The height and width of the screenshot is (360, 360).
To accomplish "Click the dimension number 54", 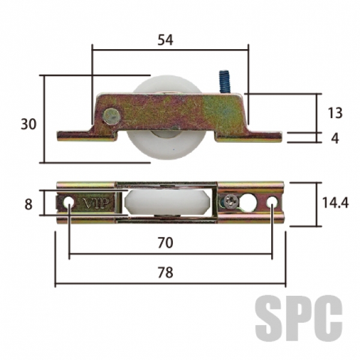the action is tap(166, 40).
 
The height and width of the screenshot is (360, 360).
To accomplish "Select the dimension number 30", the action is tap(29, 124).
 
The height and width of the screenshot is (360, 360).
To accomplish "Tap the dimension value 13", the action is tap(335, 113).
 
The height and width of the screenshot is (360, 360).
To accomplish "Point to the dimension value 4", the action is tap(335, 139).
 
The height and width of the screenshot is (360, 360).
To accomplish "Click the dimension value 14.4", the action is tap(335, 203).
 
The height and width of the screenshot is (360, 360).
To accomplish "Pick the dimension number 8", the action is tap(28, 205).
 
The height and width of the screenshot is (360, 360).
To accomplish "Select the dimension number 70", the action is tap(166, 242).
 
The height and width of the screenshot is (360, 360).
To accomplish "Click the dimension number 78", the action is tap(166, 272).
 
